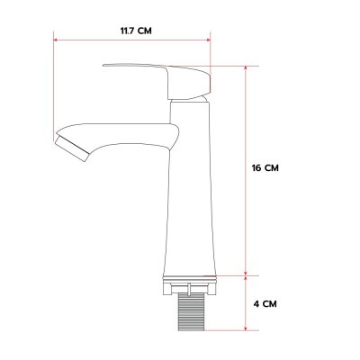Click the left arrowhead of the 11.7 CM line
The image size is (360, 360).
(x=58, y=40)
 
